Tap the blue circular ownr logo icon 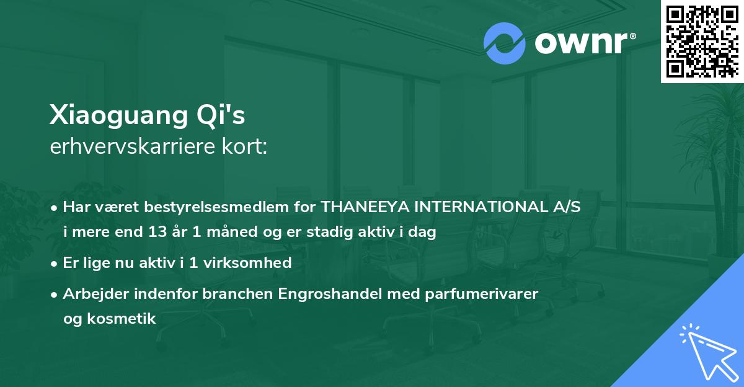tap(504, 43)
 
